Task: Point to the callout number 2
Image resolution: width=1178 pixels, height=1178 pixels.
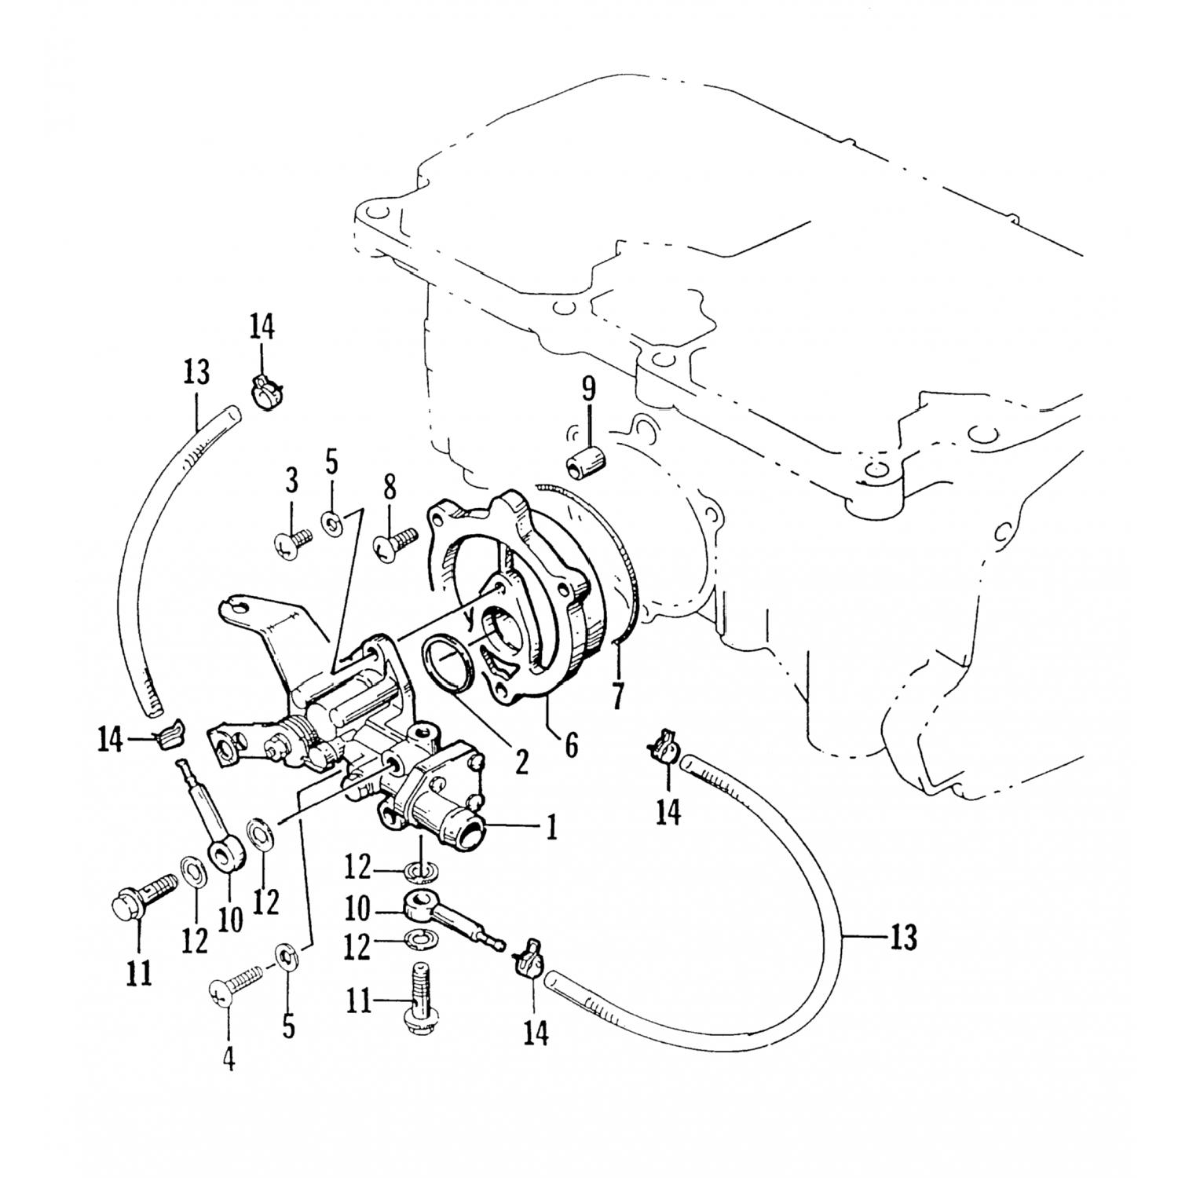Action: (x=521, y=759)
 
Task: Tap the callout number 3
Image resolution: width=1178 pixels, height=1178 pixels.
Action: (x=291, y=479)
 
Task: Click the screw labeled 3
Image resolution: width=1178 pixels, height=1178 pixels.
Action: (x=293, y=543)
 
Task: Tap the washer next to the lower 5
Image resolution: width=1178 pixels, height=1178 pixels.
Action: (x=287, y=959)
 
